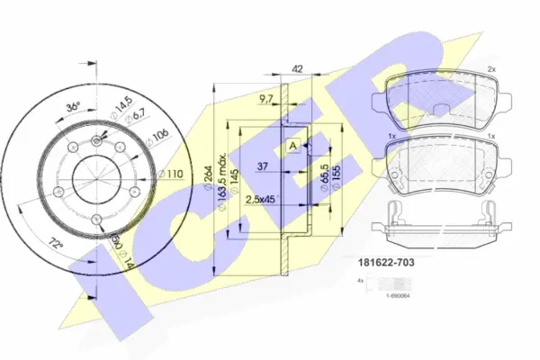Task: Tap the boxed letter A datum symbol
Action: pyautogui.click(x=292, y=147)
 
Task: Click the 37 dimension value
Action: pyautogui.click(x=263, y=166)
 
